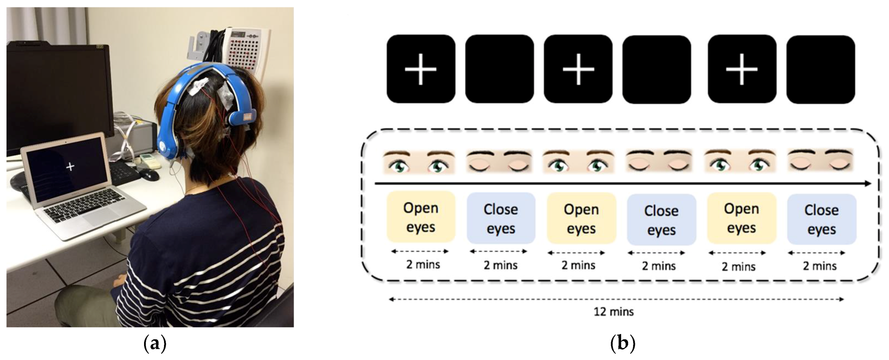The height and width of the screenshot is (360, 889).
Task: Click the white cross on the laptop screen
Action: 70,166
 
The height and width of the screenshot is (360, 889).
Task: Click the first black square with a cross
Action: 421,69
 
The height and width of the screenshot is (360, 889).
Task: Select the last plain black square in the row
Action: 821,70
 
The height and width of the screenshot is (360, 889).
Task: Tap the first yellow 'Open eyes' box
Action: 421,217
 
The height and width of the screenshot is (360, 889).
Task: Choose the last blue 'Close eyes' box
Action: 822,219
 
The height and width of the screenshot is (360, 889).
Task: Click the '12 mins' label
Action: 613,312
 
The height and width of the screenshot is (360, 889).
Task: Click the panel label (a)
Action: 154,345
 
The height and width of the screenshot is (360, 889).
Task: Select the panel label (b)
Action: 623,345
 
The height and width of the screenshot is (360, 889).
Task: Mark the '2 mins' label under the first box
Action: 423,264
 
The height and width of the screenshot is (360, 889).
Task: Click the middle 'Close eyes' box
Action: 661,220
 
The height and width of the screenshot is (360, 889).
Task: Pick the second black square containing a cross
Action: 578,69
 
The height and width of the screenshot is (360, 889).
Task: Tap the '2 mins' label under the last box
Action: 819,266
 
